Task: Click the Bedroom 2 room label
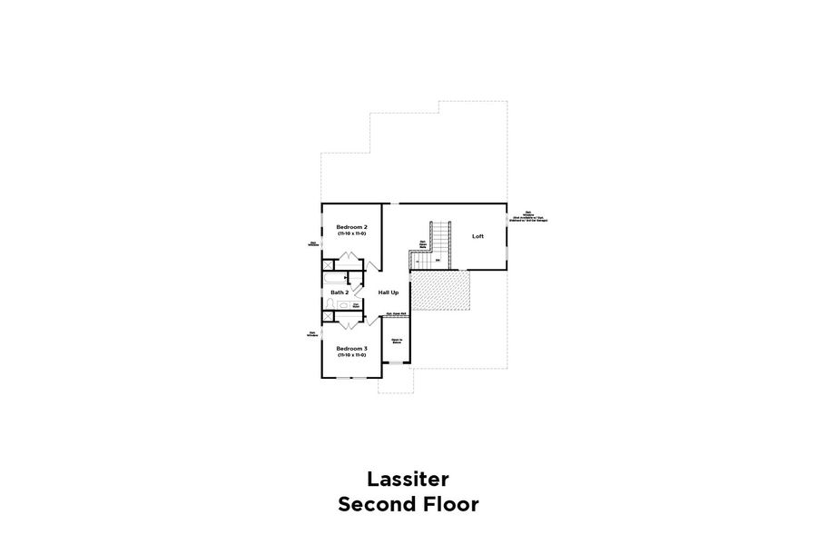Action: coord(351,226)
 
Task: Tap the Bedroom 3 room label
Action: coord(351,348)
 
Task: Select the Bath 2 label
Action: coord(340,292)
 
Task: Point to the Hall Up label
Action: coord(389,292)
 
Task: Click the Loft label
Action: coord(477,236)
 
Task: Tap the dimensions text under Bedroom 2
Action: coord(351,233)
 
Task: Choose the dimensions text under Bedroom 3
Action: coord(351,355)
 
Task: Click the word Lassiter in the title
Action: coord(408,478)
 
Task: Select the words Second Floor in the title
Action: coord(408,504)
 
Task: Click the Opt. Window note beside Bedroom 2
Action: coord(313,243)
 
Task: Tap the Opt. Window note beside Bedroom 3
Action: coord(313,333)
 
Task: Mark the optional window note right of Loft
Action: coord(529,218)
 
